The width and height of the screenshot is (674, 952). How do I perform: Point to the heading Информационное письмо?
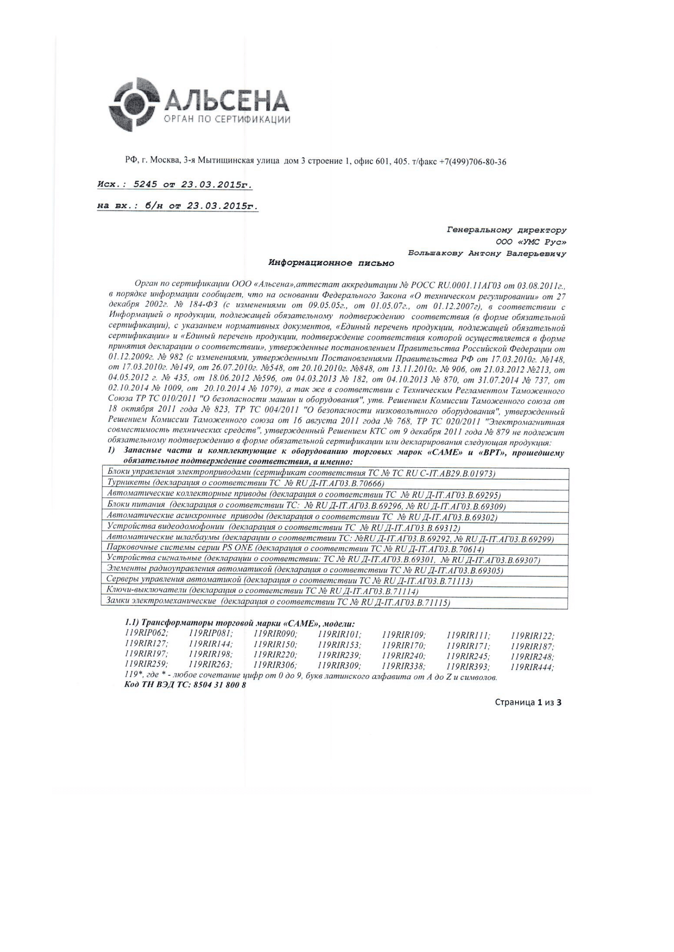click(331, 263)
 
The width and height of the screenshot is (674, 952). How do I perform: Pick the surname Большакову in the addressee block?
click(435, 253)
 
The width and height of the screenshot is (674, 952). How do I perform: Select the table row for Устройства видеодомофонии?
click(334, 528)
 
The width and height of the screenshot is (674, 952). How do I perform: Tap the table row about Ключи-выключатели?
click(334, 591)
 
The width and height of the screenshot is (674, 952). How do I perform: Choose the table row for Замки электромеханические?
click(334, 602)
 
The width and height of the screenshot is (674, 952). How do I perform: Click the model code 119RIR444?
click(533, 667)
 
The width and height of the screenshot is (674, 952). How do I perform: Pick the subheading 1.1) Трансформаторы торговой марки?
click(240, 623)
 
